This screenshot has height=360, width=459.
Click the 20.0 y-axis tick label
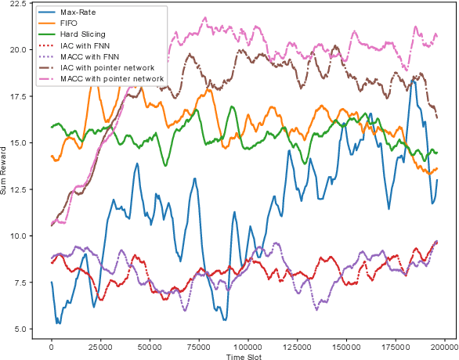(x=20, y=49)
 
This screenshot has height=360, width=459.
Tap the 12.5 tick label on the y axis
(x=20, y=189)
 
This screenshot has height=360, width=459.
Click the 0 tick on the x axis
(x=51, y=346)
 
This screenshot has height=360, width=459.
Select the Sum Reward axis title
(x=5, y=169)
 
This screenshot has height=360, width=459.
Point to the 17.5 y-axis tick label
(x=20, y=96)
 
